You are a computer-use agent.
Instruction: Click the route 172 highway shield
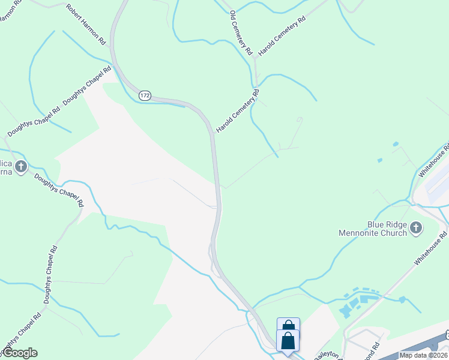coord(145,96)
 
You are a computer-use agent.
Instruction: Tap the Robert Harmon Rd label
coord(85,25)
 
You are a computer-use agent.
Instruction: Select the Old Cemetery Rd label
coord(240,34)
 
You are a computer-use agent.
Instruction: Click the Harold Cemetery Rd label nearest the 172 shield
coord(238,111)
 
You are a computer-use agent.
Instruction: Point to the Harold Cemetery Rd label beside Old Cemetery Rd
coord(282,37)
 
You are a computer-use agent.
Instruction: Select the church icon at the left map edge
coord(20,166)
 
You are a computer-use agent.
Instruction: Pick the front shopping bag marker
coord(288,341)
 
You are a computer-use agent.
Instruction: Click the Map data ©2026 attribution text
coord(423,355)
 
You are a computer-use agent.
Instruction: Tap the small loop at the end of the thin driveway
coord(300,119)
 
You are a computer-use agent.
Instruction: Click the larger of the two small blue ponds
coord(394,144)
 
